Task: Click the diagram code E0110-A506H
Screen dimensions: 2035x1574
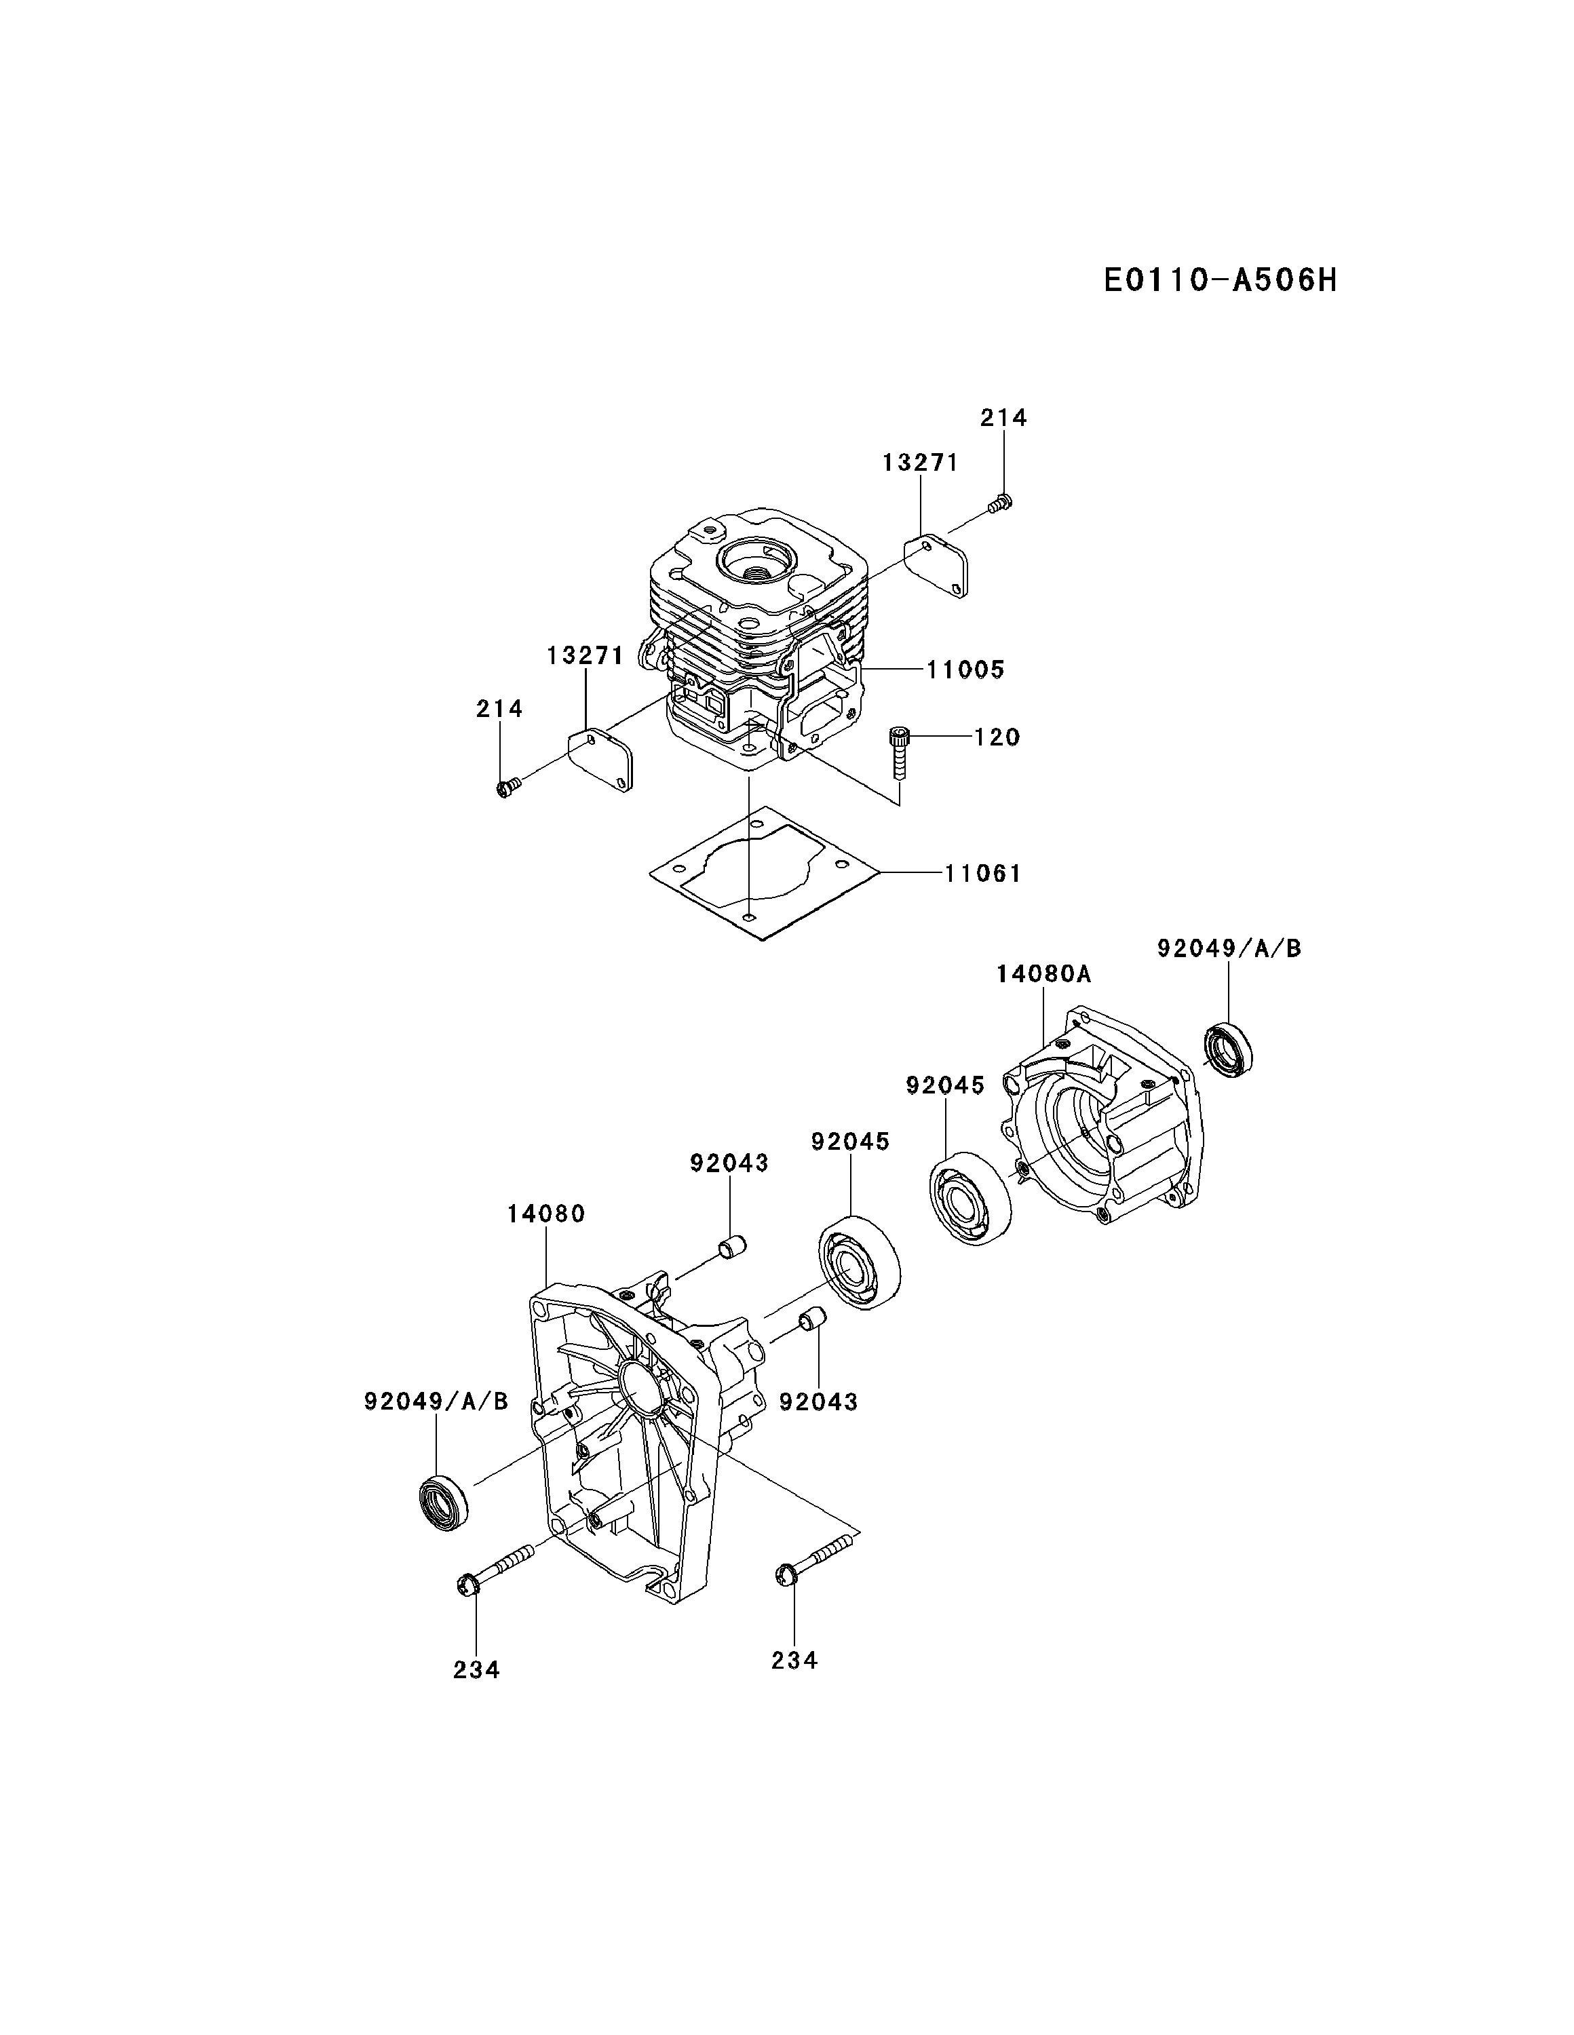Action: coord(1219,279)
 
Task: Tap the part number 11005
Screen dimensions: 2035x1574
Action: coord(965,670)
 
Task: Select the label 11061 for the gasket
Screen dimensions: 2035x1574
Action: coord(982,874)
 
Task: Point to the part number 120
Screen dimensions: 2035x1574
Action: coord(997,737)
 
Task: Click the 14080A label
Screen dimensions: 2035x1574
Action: coord(1043,975)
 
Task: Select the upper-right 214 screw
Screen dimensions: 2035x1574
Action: coord(1001,503)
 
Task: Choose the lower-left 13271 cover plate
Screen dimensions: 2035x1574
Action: coord(601,760)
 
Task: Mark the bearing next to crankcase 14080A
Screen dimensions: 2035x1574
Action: coord(971,1197)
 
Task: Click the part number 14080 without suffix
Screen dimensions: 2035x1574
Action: coord(546,1214)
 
